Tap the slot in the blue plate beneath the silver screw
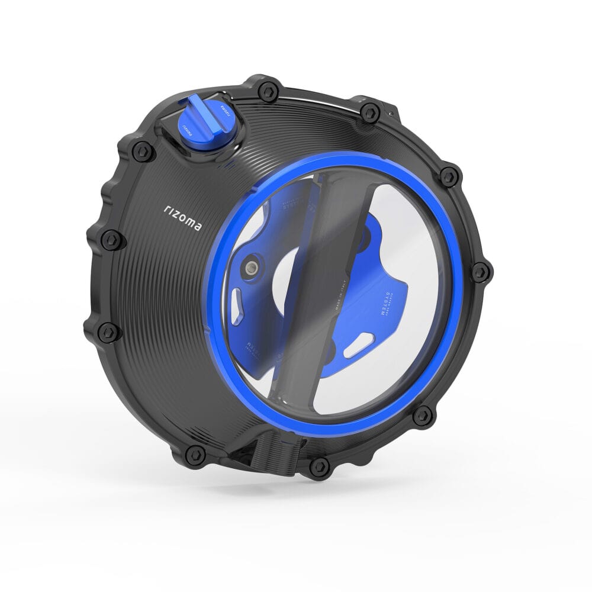241,295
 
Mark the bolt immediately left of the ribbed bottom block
195,454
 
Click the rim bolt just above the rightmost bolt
449,176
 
